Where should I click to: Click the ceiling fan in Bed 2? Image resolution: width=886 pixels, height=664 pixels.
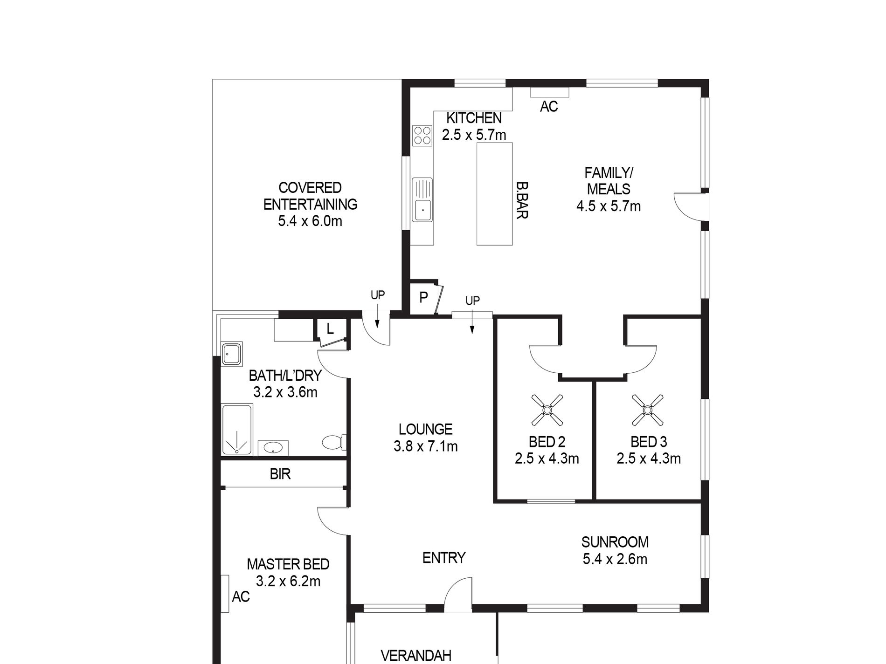pyautogui.click(x=547, y=410)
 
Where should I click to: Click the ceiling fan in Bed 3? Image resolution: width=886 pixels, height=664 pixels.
pyautogui.click(x=648, y=410)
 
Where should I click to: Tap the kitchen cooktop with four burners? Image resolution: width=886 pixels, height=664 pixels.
pyautogui.click(x=422, y=135)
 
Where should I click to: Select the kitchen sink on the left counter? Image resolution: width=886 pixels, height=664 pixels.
pyautogui.click(x=422, y=199)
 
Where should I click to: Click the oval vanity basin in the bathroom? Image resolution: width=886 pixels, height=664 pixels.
pyautogui.click(x=273, y=448)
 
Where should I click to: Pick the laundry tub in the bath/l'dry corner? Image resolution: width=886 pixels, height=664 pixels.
pyautogui.click(x=232, y=354)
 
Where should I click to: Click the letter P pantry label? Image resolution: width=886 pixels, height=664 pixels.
pyautogui.click(x=423, y=298)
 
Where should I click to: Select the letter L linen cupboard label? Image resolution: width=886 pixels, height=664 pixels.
pyautogui.click(x=330, y=329)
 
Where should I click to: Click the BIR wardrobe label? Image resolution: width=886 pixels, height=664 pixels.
pyautogui.click(x=280, y=474)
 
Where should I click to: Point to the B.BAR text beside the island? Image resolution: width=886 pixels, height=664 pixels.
pyautogui.click(x=522, y=200)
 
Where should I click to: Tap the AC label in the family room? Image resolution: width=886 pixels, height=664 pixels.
pyautogui.click(x=549, y=107)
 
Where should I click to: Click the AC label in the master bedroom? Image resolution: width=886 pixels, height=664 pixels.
pyautogui.click(x=241, y=596)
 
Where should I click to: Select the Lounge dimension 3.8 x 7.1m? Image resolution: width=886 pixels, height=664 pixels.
pyautogui.click(x=426, y=446)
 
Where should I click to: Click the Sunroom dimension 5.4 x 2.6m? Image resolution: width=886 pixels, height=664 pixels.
pyautogui.click(x=615, y=559)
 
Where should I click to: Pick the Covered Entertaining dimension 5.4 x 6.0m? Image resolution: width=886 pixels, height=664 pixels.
pyautogui.click(x=310, y=221)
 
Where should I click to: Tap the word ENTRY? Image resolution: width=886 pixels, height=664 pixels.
pyautogui.click(x=444, y=558)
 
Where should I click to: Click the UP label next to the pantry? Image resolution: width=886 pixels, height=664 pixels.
pyautogui.click(x=472, y=301)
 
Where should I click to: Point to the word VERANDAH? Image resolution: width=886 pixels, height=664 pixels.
pyautogui.click(x=416, y=656)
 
